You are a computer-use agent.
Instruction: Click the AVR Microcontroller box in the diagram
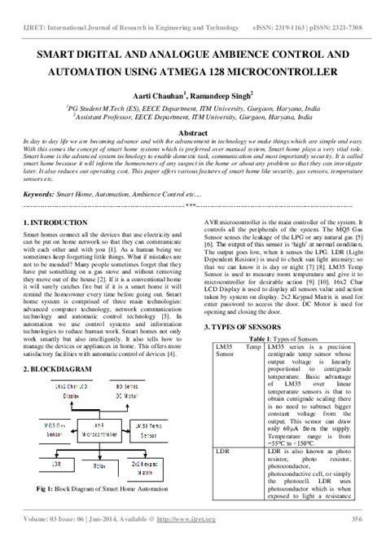(100, 426)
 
